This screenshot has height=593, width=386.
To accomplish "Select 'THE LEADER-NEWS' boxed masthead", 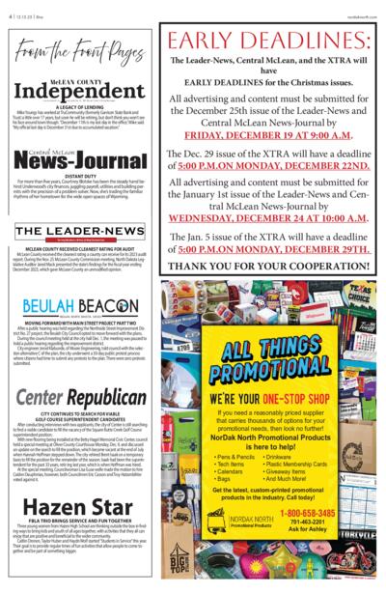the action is coord(79,230).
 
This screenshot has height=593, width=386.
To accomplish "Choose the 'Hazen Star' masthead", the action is coord(79,507).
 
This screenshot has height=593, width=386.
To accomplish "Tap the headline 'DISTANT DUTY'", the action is coord(79,189).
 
